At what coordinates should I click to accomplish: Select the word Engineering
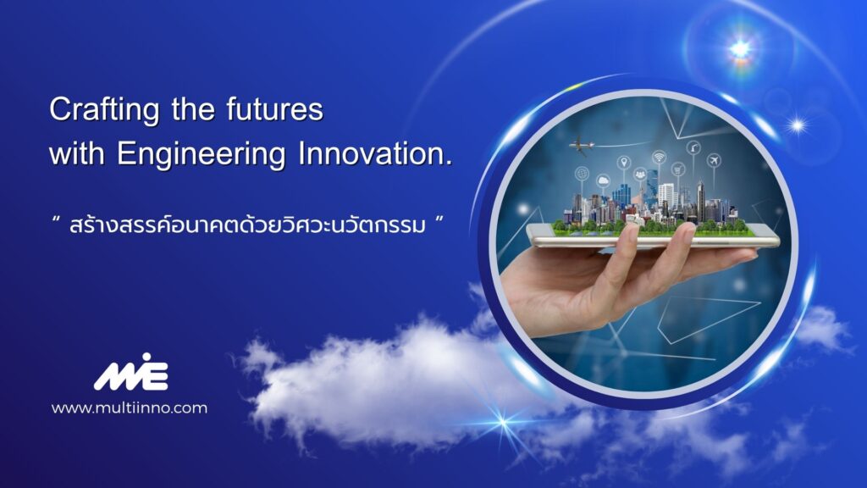click(x=202, y=154)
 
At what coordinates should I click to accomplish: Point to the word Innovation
click(x=375, y=154)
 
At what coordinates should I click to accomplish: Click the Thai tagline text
click(x=247, y=225)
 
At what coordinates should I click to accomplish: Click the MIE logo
click(x=131, y=372)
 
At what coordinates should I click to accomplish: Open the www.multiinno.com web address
click(x=130, y=408)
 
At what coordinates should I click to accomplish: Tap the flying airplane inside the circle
click(x=581, y=145)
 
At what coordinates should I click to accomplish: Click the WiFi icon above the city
click(x=659, y=158)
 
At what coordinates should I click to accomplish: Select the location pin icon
click(x=624, y=163)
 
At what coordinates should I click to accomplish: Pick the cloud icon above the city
click(x=603, y=180)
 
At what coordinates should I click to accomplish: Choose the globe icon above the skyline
click(x=582, y=174)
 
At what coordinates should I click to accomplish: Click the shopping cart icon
click(x=678, y=169)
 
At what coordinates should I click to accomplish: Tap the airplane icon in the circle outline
click(x=715, y=160)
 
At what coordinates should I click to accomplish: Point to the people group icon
click(x=640, y=175)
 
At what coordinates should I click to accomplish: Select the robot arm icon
click(x=693, y=147)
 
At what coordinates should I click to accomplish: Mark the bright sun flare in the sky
click(x=740, y=49)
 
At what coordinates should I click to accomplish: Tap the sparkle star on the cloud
click(x=503, y=423)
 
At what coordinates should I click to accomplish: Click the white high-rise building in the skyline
click(x=666, y=196)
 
